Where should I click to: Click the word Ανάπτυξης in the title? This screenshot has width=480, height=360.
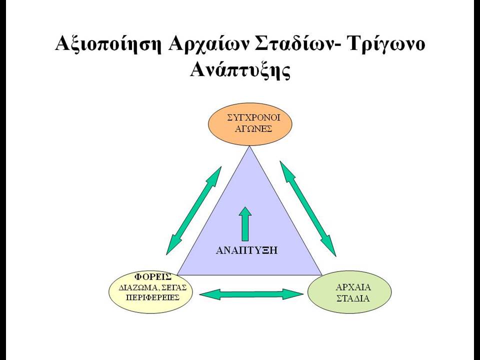(x=240, y=70)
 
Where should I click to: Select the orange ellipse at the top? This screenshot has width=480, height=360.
(x=250, y=123)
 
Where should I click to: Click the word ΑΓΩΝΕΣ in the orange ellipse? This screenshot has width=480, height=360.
(x=253, y=129)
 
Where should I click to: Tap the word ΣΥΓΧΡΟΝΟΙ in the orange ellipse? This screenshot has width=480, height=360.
(x=254, y=118)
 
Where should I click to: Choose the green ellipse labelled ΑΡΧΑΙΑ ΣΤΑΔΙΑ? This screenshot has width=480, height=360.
(x=349, y=292)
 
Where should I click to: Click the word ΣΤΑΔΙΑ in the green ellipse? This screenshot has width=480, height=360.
(x=353, y=298)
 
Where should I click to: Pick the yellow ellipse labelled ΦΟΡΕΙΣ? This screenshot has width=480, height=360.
(x=151, y=292)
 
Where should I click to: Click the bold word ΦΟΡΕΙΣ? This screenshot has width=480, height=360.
(x=153, y=277)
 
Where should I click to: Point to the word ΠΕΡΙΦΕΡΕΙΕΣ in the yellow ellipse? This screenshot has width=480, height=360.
(x=152, y=297)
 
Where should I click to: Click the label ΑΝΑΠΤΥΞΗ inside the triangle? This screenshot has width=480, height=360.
(x=246, y=250)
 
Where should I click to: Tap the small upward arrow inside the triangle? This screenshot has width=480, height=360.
(x=245, y=224)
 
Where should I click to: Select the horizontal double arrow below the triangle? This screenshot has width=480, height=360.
(x=251, y=294)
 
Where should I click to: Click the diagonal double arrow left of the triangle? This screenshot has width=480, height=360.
(x=194, y=210)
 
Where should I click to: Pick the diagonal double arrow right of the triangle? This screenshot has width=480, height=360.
(x=308, y=209)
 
